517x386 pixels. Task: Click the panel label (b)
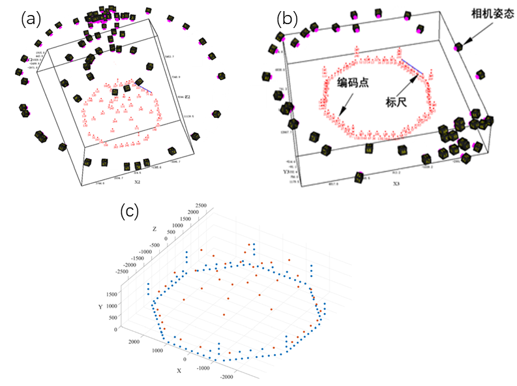tap(288, 18)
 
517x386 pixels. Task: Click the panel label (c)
tap(131, 210)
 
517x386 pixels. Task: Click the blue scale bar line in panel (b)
tap(412, 66)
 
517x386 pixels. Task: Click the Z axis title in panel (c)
tap(154, 229)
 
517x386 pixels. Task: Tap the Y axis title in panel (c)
tap(100, 306)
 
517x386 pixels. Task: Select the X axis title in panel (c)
tap(179, 370)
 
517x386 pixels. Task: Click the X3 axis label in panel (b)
tap(396, 184)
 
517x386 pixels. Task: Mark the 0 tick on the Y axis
tap(115, 329)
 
